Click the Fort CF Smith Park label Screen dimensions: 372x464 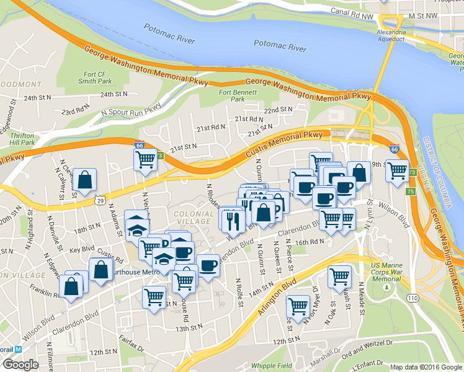click(95, 77)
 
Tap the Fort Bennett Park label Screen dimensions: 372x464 click(233, 95)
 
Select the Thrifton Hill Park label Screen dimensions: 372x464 click(22, 138)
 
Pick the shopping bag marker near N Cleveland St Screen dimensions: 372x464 click(85, 180)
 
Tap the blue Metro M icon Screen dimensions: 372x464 click(18, 349)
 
